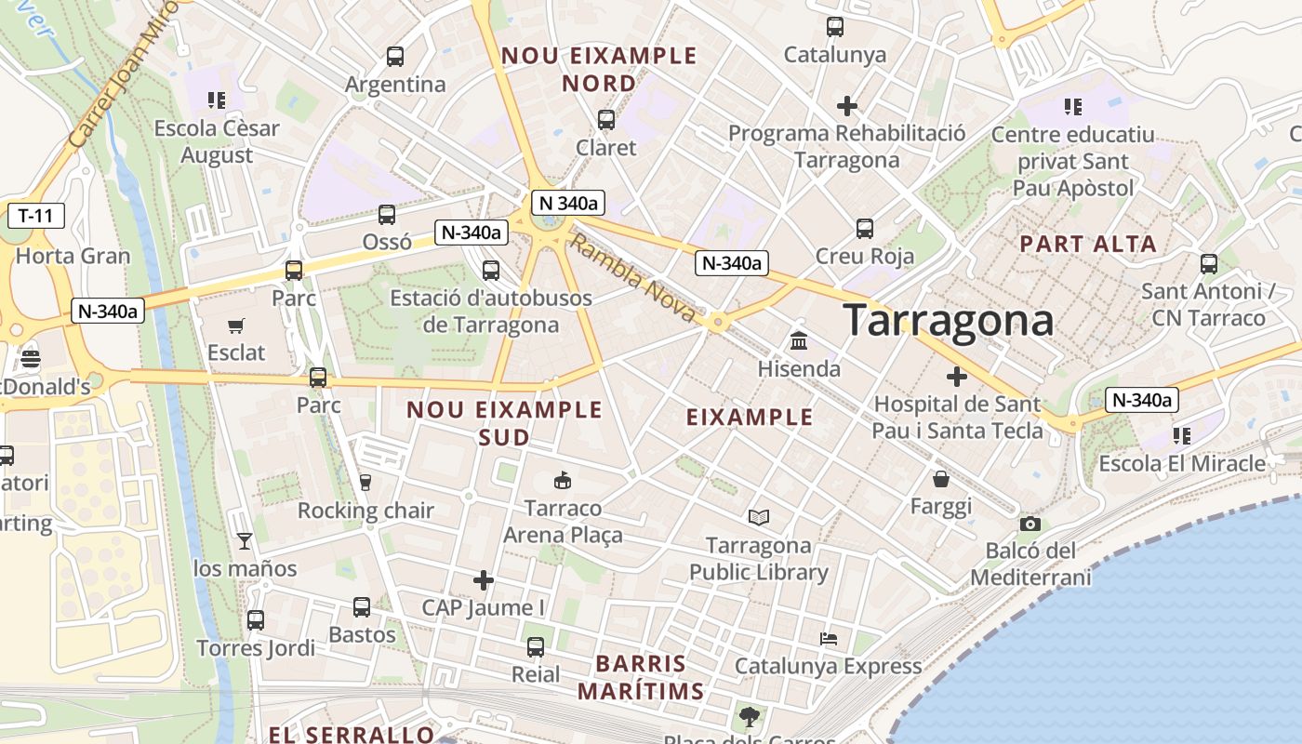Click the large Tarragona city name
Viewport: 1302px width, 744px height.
point(948,321)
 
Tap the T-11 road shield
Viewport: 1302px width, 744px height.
point(36,217)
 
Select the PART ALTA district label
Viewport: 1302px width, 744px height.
point(1088,245)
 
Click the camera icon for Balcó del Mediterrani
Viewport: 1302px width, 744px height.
point(1030,524)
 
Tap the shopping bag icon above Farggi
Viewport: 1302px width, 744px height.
point(941,479)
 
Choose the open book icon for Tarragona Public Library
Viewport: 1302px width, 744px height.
point(759,517)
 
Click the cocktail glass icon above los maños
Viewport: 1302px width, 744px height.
point(245,540)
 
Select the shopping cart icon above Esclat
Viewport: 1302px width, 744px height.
point(236,325)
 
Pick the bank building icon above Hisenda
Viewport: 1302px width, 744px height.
point(798,341)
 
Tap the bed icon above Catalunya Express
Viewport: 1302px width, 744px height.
point(828,639)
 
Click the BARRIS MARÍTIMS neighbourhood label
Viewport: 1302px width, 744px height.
point(641,678)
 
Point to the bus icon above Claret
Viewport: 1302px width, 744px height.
point(606,120)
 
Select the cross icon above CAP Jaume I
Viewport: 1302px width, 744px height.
point(484,580)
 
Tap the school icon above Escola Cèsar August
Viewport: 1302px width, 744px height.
point(217,100)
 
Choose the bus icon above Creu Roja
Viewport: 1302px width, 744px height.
point(865,228)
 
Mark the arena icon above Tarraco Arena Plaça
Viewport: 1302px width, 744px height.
point(562,481)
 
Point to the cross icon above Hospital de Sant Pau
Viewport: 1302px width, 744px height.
point(956,377)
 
